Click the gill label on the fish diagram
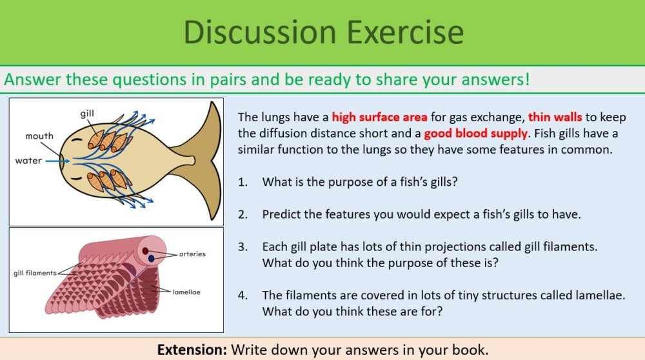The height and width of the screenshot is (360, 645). coord(87,114)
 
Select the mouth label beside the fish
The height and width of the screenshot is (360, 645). coord(39,136)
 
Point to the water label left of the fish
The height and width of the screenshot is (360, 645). coord(28,161)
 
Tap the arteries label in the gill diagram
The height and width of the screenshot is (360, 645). coord(192,254)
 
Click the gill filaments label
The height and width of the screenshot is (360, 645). coord(35,273)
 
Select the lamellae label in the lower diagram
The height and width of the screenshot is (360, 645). coord(186,292)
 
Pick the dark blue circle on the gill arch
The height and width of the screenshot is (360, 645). coord(152,258)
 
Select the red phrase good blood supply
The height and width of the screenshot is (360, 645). coord(469,134)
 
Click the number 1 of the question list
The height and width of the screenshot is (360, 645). coord(242,182)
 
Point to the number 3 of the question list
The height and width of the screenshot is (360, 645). coord(242,246)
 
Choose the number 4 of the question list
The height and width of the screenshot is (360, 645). coord(242,295)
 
